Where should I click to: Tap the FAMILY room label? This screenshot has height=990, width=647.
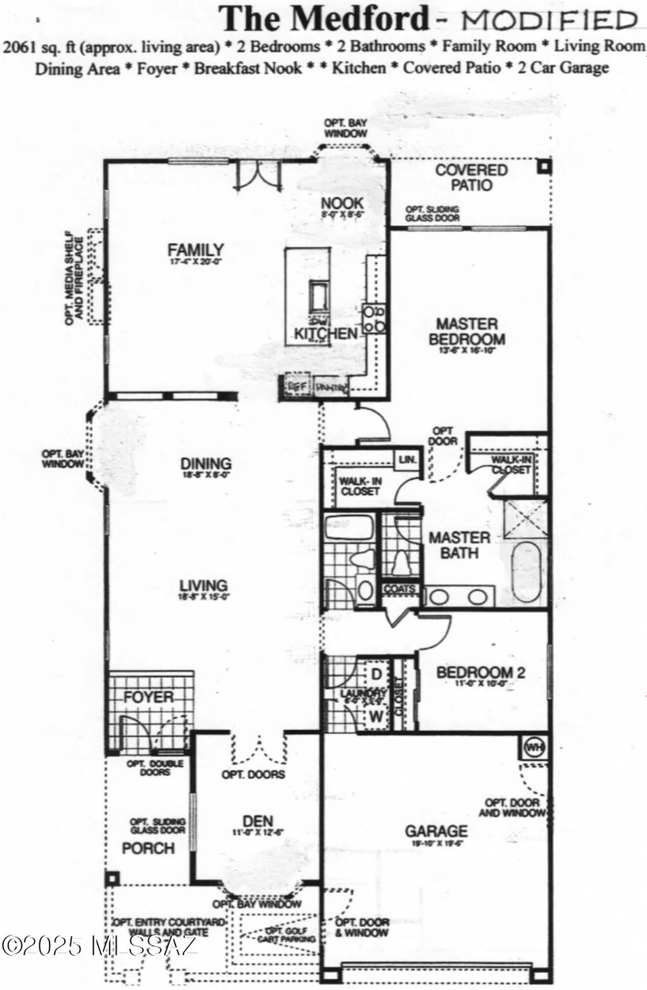click(195, 250)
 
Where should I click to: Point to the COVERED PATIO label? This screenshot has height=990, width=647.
click(472, 178)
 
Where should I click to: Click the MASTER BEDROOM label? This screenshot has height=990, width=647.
click(467, 331)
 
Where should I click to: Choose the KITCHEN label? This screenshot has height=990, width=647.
click(326, 334)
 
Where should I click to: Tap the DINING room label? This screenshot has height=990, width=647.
click(206, 463)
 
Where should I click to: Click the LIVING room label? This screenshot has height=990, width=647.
click(204, 585)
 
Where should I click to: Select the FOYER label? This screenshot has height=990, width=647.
click(149, 697)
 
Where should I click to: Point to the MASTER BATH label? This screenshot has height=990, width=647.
click(460, 545)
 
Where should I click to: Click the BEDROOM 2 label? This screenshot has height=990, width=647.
click(481, 673)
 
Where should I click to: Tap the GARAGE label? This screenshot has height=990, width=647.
click(436, 831)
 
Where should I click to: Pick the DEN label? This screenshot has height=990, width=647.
click(258, 821)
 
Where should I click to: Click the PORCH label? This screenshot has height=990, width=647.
click(148, 848)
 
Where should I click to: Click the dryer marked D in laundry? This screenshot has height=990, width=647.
click(377, 675)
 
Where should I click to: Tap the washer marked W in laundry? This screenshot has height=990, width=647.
click(376, 715)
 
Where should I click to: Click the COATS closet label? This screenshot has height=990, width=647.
click(400, 589)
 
